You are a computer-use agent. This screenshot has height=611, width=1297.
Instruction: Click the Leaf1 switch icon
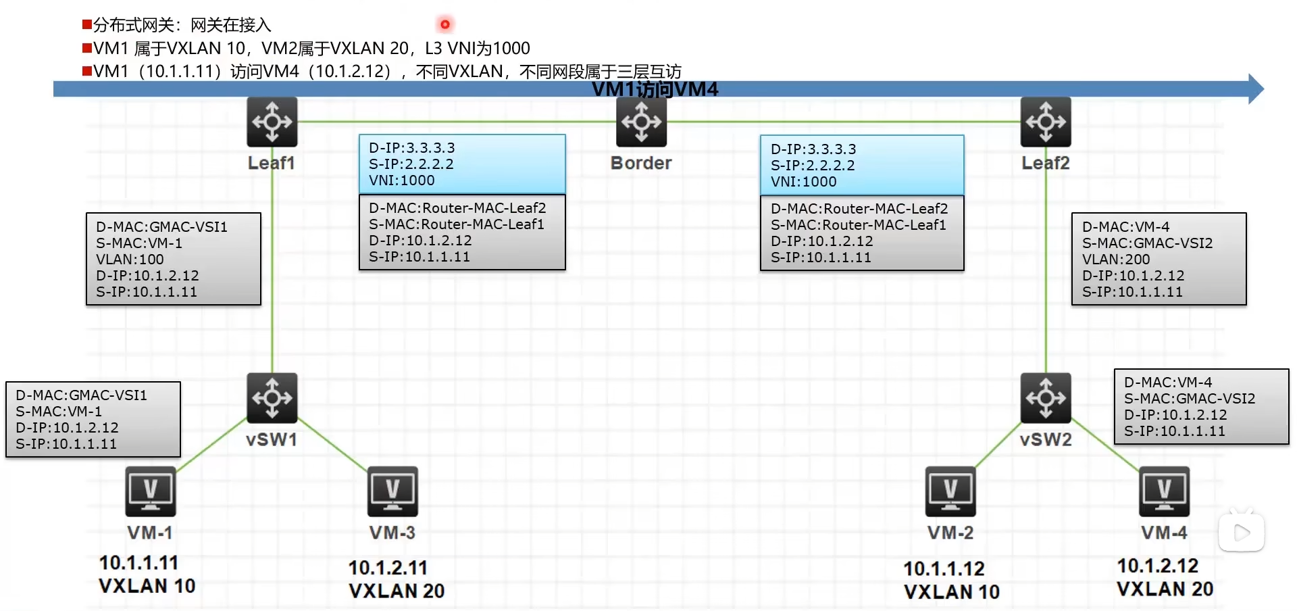click(272, 122)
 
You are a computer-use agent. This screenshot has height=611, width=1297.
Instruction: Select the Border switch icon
click(641, 122)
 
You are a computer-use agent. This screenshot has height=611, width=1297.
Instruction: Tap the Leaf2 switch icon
click(1045, 122)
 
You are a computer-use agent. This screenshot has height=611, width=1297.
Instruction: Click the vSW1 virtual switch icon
click(272, 397)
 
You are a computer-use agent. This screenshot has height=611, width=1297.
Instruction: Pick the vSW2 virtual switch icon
click(1045, 397)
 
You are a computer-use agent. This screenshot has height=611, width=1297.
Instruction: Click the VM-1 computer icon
click(151, 491)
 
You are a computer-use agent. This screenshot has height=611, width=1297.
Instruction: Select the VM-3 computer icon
click(392, 491)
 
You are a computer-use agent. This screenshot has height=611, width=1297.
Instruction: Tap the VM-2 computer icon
click(950, 491)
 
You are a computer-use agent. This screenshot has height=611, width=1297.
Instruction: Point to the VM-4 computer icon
click(1164, 491)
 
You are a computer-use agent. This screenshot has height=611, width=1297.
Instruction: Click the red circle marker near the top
click(444, 24)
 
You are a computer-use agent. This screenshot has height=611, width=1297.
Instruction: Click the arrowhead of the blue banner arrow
click(1255, 89)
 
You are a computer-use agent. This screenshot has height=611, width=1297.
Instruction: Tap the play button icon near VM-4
click(1241, 533)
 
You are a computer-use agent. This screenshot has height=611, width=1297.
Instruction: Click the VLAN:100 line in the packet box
click(130, 260)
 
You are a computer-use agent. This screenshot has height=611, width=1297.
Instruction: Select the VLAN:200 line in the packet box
click(1116, 260)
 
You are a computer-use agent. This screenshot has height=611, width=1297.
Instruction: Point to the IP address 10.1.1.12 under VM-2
click(944, 568)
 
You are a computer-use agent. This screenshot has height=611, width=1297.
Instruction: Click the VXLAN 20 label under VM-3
click(397, 591)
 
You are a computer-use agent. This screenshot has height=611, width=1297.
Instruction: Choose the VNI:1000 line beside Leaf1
click(401, 180)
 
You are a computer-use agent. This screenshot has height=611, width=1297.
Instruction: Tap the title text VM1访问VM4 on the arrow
click(655, 89)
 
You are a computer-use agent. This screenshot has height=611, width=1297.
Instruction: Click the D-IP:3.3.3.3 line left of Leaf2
click(813, 149)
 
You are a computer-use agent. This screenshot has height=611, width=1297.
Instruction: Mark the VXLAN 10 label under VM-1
click(147, 586)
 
